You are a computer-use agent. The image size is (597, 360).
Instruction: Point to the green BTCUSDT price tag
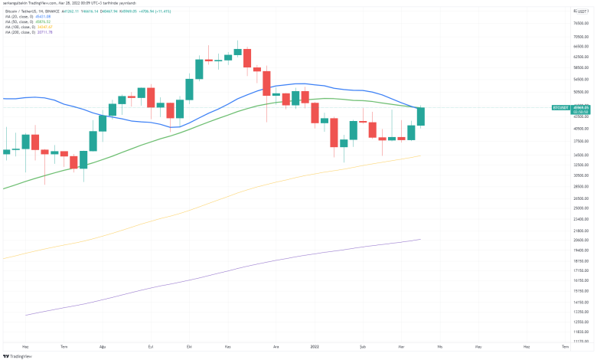(559, 109)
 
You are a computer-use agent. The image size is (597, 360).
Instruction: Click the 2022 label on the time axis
(314, 346)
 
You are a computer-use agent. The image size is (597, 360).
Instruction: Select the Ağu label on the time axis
(104, 346)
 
